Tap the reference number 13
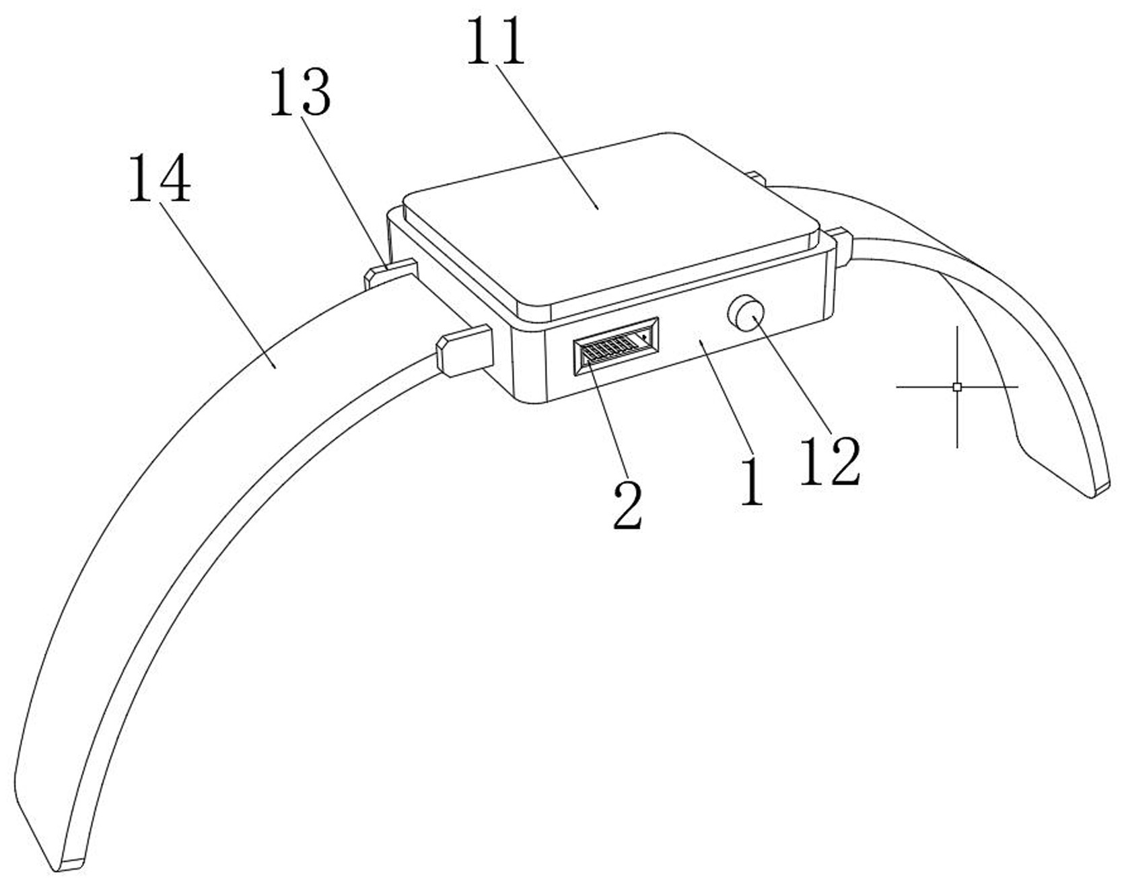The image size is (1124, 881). click(x=300, y=93)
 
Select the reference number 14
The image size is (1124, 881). click(x=160, y=178)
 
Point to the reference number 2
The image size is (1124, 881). click(x=627, y=505)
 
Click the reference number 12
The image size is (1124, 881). click(x=829, y=462)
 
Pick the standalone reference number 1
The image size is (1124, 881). click(x=751, y=482)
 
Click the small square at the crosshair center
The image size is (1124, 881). click(x=957, y=387)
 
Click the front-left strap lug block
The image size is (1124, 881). click(x=465, y=349)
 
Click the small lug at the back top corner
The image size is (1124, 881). click(x=757, y=178)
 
